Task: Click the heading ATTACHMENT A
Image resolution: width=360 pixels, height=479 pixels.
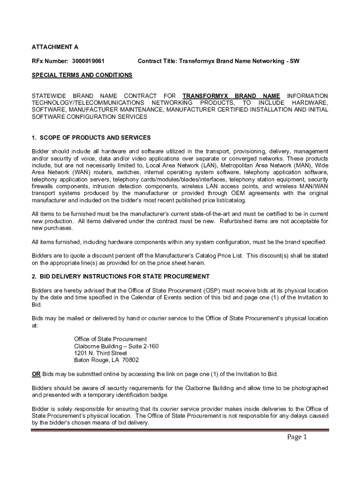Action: (x=55, y=47)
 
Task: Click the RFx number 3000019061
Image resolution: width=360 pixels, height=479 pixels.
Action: (x=88, y=61)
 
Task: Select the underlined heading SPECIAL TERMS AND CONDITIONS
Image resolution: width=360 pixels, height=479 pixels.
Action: (x=82, y=75)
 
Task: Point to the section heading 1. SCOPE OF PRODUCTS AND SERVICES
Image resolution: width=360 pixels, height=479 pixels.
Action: (x=91, y=138)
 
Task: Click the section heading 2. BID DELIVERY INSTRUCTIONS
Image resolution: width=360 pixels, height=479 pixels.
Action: (x=120, y=276)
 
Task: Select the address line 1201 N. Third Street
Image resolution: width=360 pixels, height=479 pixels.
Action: (x=101, y=353)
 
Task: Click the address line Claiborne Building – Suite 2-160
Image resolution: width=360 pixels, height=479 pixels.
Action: (x=116, y=346)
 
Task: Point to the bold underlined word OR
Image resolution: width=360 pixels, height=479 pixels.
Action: (x=36, y=374)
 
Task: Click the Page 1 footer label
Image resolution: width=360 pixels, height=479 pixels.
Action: (x=296, y=438)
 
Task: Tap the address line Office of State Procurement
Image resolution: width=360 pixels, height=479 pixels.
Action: (x=110, y=339)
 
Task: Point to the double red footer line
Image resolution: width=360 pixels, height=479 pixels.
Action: (x=180, y=430)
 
